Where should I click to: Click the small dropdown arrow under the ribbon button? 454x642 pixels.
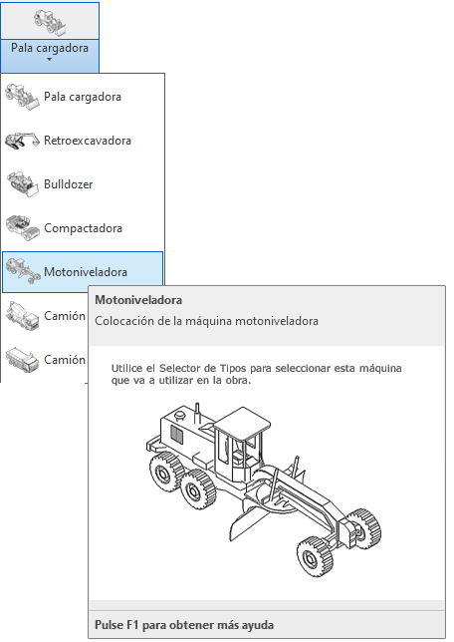click(49, 60)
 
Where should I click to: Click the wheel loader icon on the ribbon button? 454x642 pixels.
click(50, 22)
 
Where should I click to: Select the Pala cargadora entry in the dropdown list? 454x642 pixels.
click(83, 97)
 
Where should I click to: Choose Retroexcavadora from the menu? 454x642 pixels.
click(88, 141)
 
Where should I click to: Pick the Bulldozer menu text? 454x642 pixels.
click(69, 184)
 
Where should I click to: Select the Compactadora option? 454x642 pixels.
click(83, 228)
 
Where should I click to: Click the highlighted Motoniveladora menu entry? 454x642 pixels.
click(86, 272)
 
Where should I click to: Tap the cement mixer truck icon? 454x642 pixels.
click(23, 316)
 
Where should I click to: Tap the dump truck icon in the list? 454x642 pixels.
click(23, 360)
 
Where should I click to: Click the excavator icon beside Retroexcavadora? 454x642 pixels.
click(23, 141)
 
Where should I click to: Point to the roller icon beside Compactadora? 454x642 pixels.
click(23, 227)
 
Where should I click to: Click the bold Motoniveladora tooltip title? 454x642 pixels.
click(138, 300)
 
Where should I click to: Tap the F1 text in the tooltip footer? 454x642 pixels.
click(132, 625)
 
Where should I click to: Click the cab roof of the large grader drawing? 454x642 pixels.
click(243, 423)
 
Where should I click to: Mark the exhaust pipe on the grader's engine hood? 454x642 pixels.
click(197, 413)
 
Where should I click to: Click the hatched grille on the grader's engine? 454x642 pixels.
click(176, 434)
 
